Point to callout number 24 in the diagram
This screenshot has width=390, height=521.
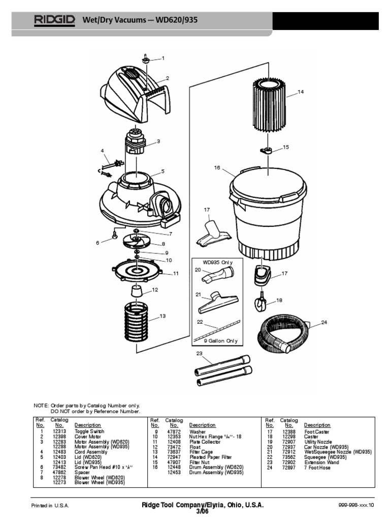coord(324,323)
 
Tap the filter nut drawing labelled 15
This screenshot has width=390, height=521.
coord(265,149)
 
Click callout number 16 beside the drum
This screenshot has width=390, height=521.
coord(217,167)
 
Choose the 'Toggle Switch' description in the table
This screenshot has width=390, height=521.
coord(89,431)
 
